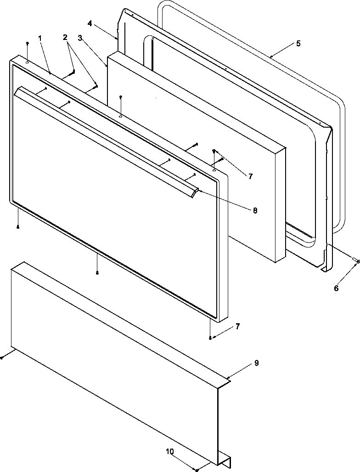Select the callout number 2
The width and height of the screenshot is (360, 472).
point(66,37)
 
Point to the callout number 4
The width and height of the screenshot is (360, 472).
point(90,22)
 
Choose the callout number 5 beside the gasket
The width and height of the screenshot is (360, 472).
point(298,44)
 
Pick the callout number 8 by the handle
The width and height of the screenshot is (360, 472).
point(254,211)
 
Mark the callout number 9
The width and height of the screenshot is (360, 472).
point(256,363)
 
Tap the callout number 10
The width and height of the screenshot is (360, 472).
point(170,452)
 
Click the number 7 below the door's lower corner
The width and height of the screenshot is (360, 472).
point(237,326)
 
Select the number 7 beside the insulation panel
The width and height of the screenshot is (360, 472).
point(250,176)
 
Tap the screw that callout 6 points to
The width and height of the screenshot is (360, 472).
point(357,261)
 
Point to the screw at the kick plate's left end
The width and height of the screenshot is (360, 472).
point(2,357)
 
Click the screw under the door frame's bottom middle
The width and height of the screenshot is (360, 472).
point(97,273)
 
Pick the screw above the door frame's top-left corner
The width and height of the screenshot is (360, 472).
point(28,43)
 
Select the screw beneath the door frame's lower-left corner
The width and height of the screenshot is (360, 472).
point(17,226)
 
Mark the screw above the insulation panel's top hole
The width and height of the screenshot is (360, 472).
point(120,97)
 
